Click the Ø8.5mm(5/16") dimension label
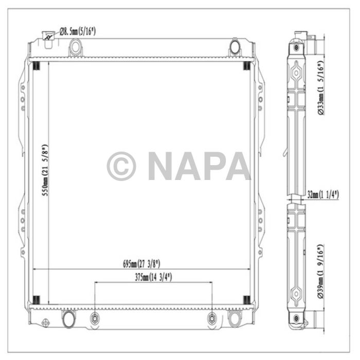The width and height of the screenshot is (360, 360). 78,32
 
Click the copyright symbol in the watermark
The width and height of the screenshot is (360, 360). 121,166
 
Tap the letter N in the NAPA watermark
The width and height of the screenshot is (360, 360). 162,166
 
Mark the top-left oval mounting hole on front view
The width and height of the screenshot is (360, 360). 76,47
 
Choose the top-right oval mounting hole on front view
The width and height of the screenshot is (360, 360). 235,47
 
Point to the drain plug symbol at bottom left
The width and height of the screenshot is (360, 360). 45,323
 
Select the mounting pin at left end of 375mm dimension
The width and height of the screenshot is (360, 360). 94,318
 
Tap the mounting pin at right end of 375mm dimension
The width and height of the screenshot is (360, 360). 212,318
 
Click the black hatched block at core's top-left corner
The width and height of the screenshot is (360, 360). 37,66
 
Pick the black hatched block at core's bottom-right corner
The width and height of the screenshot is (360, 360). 246,300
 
